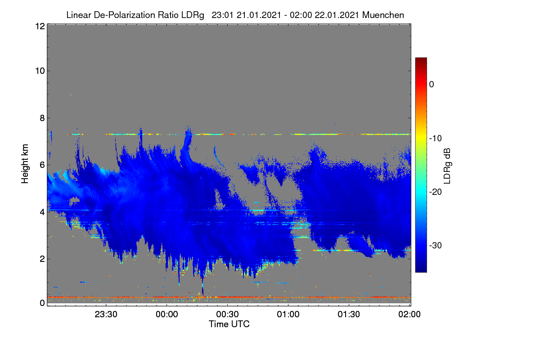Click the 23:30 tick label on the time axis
pyautogui.click(x=106, y=315)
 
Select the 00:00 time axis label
pyautogui.click(x=167, y=315)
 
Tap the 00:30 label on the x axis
pyautogui.click(x=227, y=315)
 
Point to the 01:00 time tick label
pyautogui.click(x=288, y=315)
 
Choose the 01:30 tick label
pyautogui.click(x=349, y=315)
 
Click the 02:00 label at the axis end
pyautogui.click(x=409, y=315)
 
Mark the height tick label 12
pyautogui.click(x=40, y=26)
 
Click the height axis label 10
pyautogui.click(x=40, y=71)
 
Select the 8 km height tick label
pyautogui.click(x=42, y=118)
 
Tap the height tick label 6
pyautogui.click(x=42, y=165)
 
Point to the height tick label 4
pyautogui.click(x=42, y=212)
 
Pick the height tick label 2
pyautogui.click(x=42, y=259)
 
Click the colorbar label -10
pyautogui.click(x=436, y=139)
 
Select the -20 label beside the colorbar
pyautogui.click(x=436, y=192)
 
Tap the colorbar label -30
pyautogui.click(x=436, y=245)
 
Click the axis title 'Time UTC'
pyautogui.click(x=229, y=324)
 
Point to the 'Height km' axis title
pyautogui.click(x=25, y=164)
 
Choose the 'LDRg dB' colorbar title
pyautogui.click(x=447, y=166)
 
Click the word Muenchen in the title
pyautogui.click(x=383, y=15)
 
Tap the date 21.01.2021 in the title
pyautogui.click(x=259, y=15)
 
